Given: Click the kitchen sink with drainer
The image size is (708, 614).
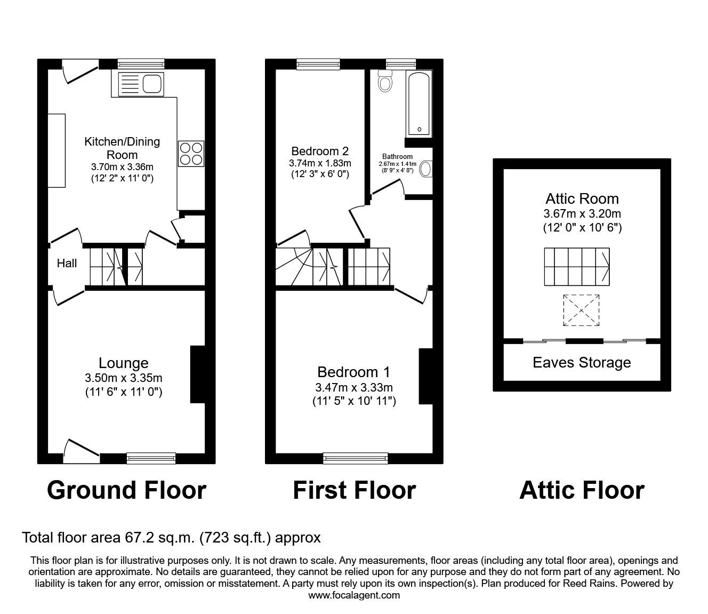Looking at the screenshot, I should point(141,83).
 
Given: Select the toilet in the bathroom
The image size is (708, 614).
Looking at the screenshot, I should point(385,82).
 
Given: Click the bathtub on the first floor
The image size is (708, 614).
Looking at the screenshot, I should point(419,103).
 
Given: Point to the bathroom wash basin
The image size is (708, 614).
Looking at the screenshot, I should point(427,169).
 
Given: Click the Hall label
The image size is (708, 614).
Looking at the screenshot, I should point(67,263).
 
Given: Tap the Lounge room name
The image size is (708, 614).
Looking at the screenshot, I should point(123,363).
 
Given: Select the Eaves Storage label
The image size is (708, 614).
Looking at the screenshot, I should point(582,363).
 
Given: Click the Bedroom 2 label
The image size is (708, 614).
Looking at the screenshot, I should point(320,150).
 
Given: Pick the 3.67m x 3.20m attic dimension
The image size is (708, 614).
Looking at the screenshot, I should point(582,214).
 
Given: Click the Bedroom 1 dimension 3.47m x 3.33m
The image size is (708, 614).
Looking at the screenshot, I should point(354,388).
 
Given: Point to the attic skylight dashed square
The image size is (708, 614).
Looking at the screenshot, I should point(581,309).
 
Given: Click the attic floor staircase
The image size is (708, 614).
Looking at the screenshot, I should point(577,267).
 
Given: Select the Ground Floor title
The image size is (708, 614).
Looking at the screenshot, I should point(126,490).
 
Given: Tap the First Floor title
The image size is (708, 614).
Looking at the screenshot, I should point(354,490).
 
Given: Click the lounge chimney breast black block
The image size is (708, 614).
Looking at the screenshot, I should point(198,374).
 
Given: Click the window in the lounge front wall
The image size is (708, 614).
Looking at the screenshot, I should point(151,457).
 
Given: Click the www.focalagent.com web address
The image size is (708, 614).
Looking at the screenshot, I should point(354,595).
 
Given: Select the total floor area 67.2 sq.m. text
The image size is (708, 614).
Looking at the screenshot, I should point(171,537).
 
